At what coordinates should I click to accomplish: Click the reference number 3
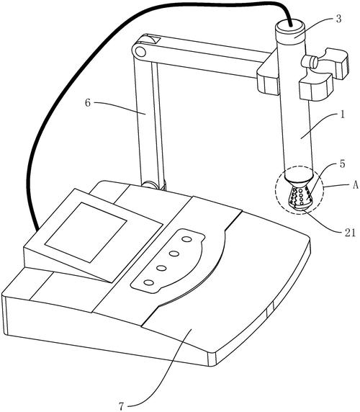tap(338, 19)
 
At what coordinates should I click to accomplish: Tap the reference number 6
tap(88, 103)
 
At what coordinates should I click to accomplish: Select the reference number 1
tap(342, 115)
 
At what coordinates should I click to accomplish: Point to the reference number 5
tap(342, 164)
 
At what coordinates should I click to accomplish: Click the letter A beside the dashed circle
tap(355, 186)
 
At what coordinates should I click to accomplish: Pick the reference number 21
tap(349, 233)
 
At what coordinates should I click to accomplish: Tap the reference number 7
tap(121, 406)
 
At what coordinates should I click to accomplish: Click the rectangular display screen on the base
tap(86, 232)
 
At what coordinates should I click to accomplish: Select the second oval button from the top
tap(174, 254)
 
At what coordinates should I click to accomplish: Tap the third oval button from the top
tap(161, 268)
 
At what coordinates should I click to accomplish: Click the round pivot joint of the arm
tap(140, 52)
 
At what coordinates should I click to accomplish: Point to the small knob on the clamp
tap(310, 61)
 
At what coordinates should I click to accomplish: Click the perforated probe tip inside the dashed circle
tap(300, 197)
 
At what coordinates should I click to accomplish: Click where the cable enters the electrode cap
tap(290, 25)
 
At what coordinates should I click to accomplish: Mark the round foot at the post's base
tap(150, 184)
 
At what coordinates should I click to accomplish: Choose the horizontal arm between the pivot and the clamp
tap(207, 55)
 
